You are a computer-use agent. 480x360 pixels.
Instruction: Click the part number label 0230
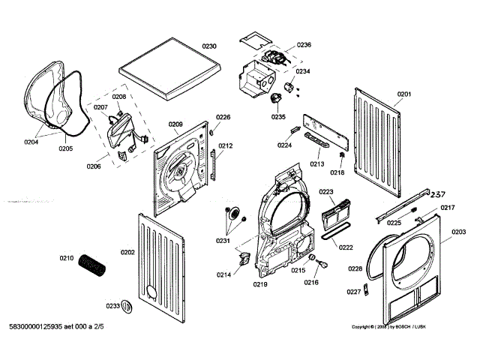(210, 46)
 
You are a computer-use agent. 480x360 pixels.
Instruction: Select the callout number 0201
(404, 94)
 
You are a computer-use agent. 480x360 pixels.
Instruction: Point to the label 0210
(67, 259)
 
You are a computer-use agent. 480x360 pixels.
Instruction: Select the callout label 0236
(304, 45)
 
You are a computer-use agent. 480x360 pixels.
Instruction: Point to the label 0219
(260, 284)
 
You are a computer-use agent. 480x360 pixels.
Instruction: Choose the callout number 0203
(458, 232)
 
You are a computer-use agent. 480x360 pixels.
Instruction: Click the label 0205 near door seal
(66, 148)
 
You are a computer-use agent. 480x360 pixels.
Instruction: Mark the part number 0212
(225, 146)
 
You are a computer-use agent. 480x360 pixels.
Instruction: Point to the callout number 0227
(353, 292)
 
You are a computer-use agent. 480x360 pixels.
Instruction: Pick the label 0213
(316, 163)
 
